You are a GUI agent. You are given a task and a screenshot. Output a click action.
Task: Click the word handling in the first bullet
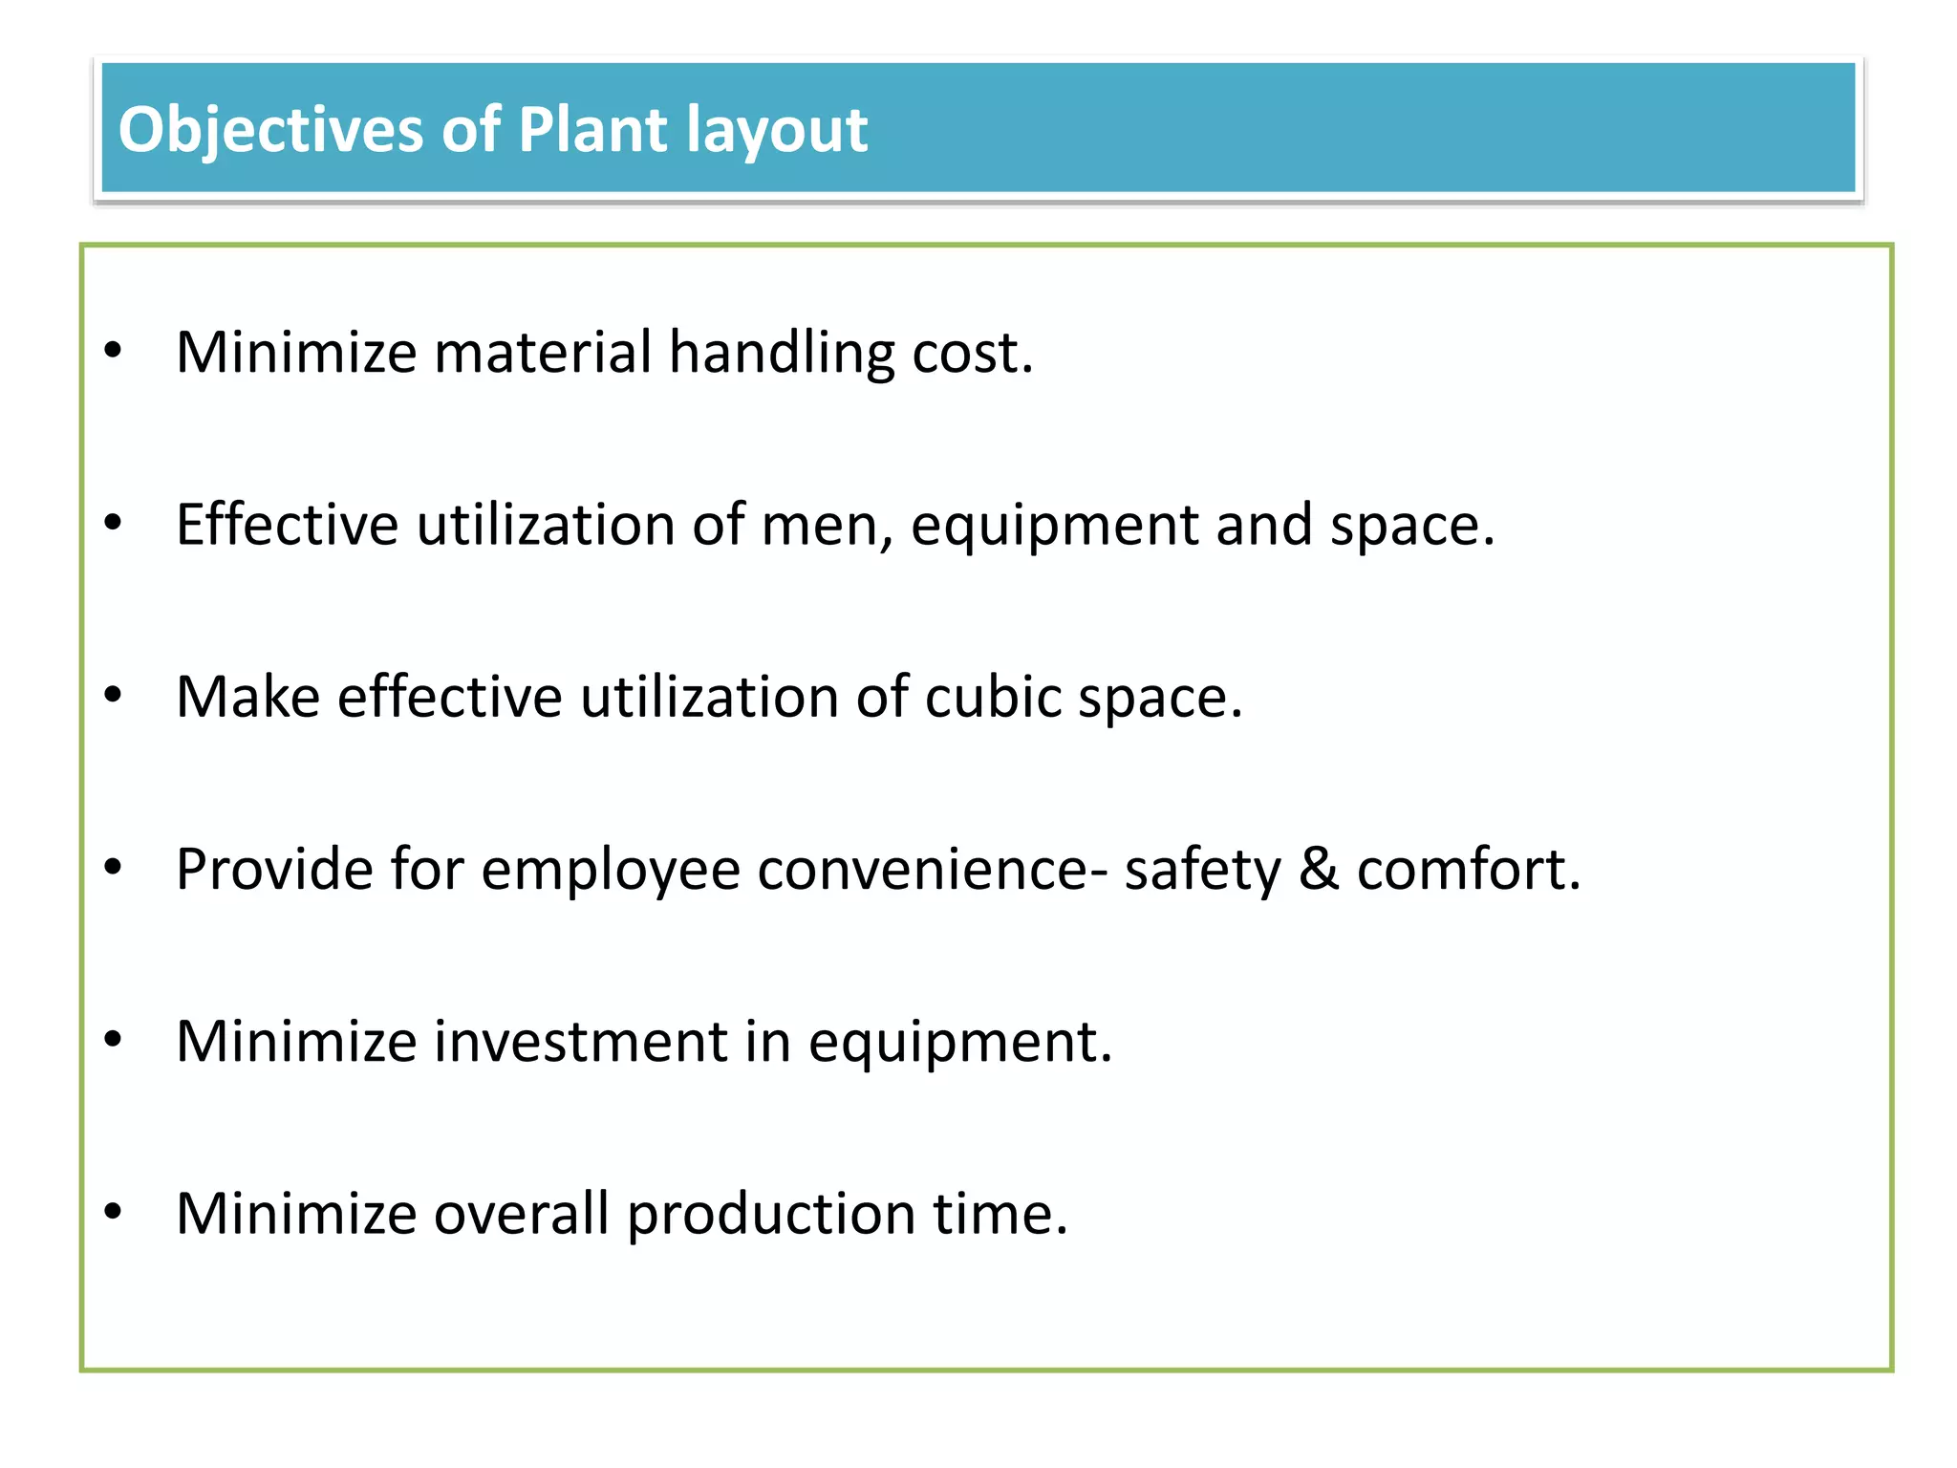coord(781,353)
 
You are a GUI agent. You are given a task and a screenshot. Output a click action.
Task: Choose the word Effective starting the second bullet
coord(287,525)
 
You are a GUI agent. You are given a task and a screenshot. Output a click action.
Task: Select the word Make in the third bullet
coord(247,697)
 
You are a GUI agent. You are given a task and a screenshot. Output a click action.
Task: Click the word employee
coord(610,871)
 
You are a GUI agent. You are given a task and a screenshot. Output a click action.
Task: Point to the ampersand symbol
coord(1319,869)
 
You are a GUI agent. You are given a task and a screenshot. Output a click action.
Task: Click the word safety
coord(1202,871)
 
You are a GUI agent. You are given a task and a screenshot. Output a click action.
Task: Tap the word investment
coord(580,1041)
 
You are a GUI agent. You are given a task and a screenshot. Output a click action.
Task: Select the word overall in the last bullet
coord(521,1214)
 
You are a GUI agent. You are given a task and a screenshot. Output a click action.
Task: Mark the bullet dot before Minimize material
coord(114,351)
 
